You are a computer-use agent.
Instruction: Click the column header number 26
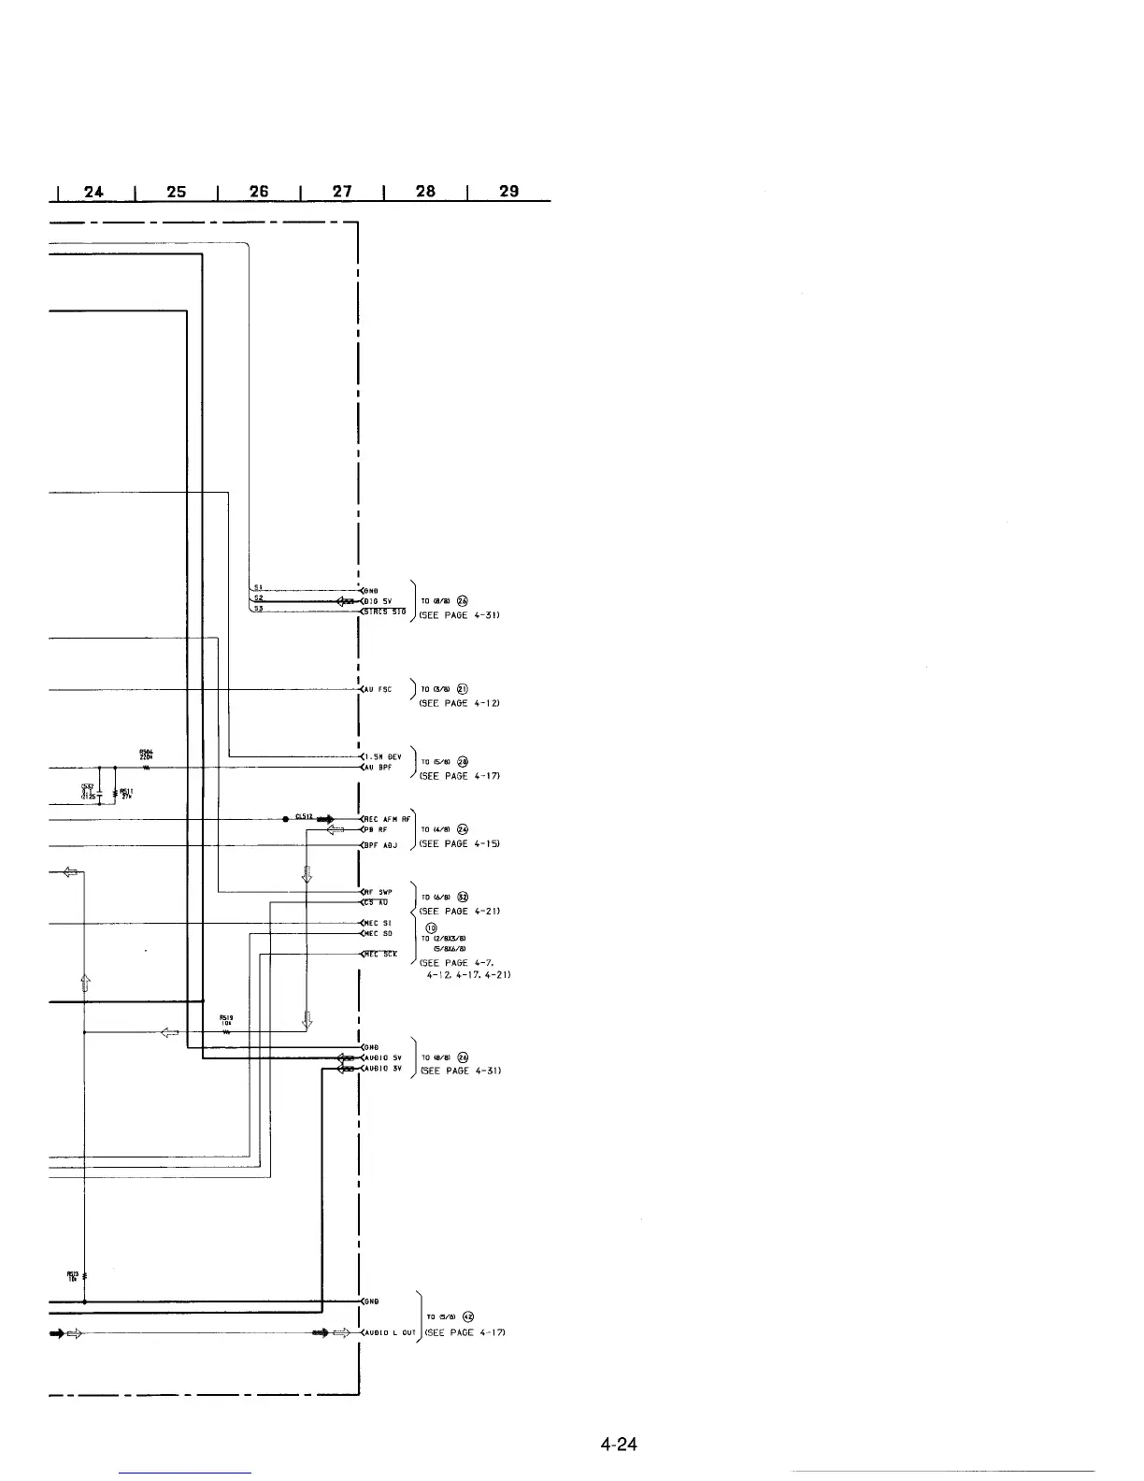click(259, 192)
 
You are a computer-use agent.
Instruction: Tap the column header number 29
click(509, 192)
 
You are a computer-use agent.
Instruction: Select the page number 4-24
click(619, 1445)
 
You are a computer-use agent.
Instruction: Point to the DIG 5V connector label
click(381, 601)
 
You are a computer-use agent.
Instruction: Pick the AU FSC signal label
click(379, 690)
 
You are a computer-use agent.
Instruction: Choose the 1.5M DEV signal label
click(382, 756)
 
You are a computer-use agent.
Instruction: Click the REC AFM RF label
click(386, 819)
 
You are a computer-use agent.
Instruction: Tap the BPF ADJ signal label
click(381, 845)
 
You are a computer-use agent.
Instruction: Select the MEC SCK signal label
click(381, 955)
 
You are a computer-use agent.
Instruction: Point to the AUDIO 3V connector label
click(383, 1069)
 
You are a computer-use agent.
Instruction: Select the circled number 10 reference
click(432, 927)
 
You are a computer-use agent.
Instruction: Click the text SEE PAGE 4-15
click(460, 844)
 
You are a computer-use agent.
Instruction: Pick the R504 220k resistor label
click(146, 755)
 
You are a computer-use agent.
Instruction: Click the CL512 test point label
click(303, 816)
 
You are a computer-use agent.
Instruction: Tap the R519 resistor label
click(226, 1020)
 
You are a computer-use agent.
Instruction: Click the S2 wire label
click(259, 598)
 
